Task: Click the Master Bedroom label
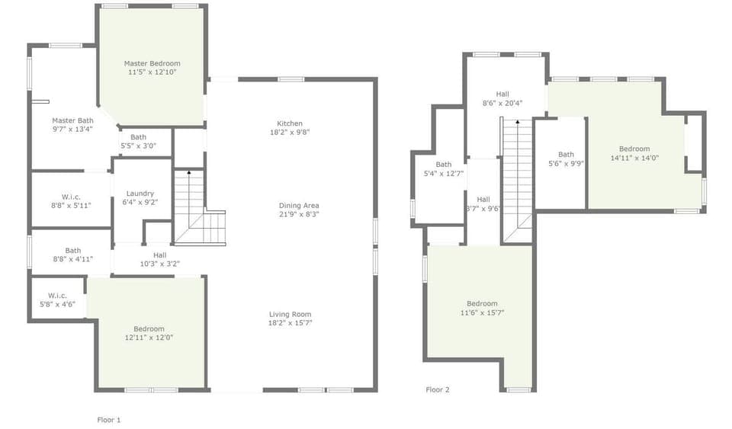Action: (152, 63)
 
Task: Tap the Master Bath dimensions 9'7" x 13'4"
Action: (73, 130)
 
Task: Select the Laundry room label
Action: (140, 194)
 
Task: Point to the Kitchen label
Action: (290, 123)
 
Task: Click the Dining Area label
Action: (299, 206)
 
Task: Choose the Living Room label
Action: (291, 314)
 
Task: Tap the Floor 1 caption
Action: (109, 420)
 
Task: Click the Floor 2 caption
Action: (438, 389)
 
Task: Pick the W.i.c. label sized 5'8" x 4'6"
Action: (58, 295)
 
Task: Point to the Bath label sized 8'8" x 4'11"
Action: (73, 250)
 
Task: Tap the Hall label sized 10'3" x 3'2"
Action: (159, 255)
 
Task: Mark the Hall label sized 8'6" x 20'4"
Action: (502, 94)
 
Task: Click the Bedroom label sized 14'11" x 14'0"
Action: (634, 149)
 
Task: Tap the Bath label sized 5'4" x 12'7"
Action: (444, 165)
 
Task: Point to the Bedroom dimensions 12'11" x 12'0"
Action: (149, 338)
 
